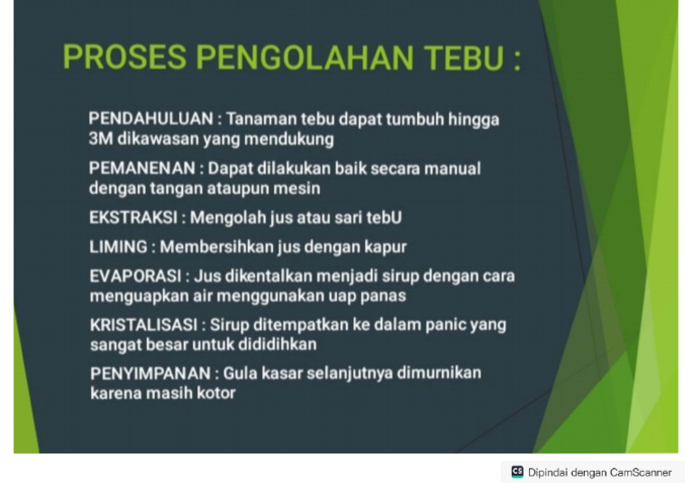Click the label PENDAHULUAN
[150, 119]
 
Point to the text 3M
[100, 139]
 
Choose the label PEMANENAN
[143, 169]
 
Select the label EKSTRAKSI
[134, 217]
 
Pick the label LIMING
[118, 246]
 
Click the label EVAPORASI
[136, 275]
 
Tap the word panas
[383, 295]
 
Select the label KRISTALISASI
[142, 325]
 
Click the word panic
[446, 325]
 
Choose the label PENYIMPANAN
[150, 374]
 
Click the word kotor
[213, 393]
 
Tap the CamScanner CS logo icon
[517, 472]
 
